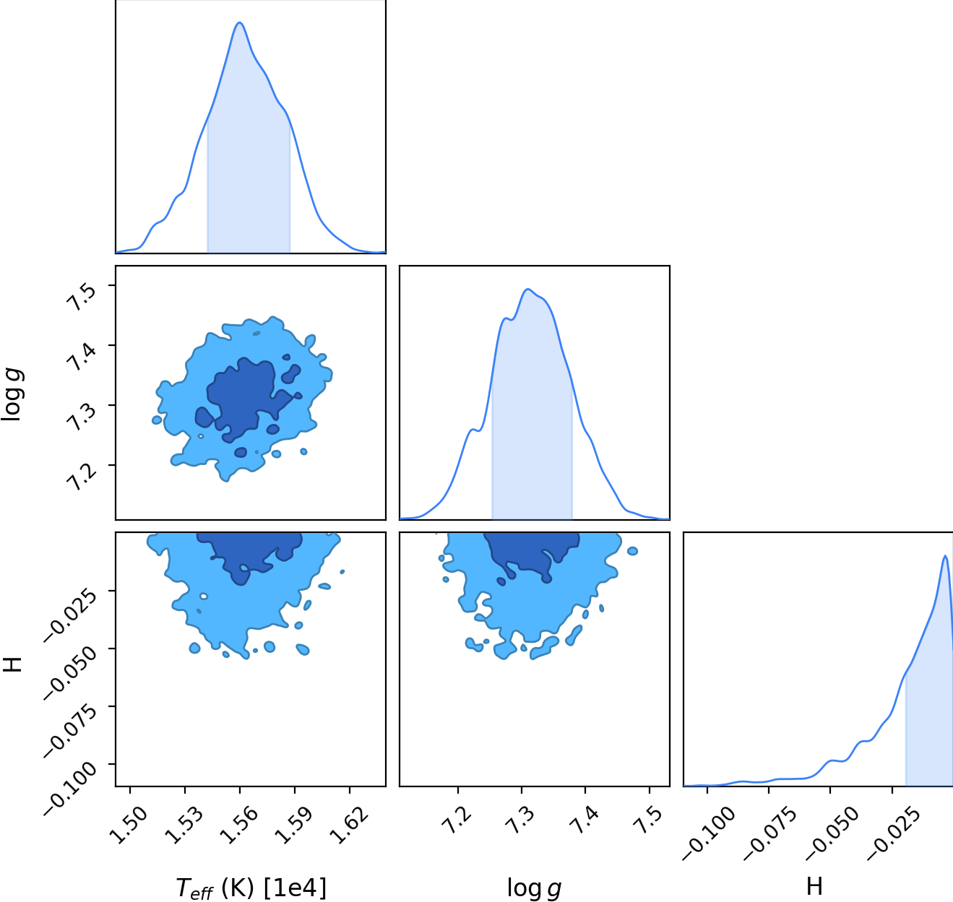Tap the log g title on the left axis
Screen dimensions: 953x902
(x=12, y=394)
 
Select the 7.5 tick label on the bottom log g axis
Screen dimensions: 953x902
(x=647, y=820)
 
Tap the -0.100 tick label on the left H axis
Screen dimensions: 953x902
(x=71, y=789)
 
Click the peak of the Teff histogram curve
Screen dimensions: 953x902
(x=239, y=22)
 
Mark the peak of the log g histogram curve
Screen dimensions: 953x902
(x=528, y=290)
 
